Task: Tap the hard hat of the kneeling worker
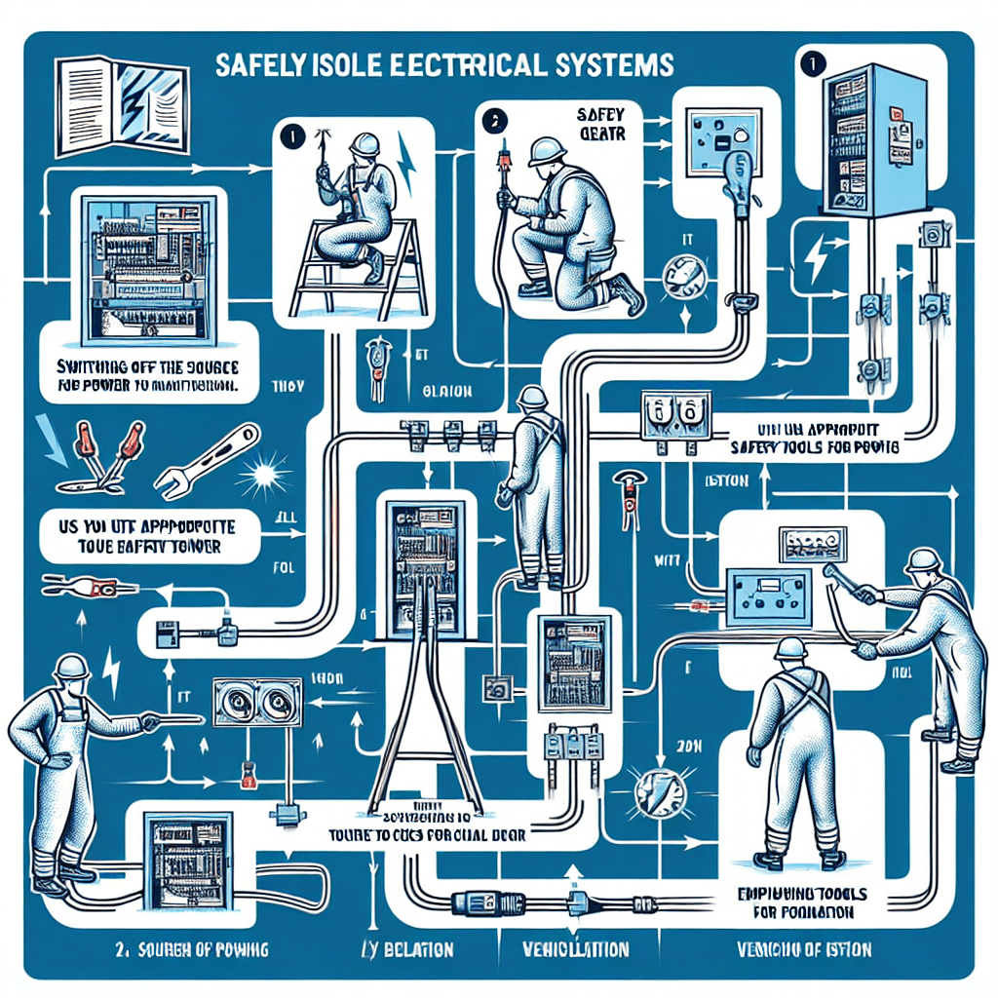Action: coord(545,150)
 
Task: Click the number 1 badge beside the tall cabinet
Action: coord(807,59)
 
